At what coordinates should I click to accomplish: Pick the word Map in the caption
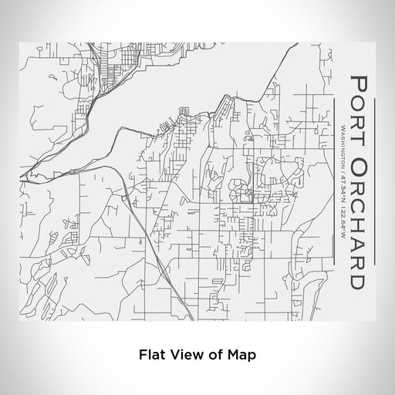coord(241,355)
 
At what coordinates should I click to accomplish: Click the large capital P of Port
coord(359,82)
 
